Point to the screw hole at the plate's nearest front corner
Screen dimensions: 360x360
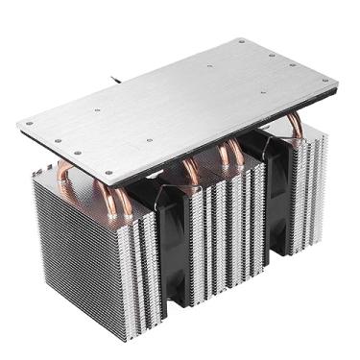point(108,175)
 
